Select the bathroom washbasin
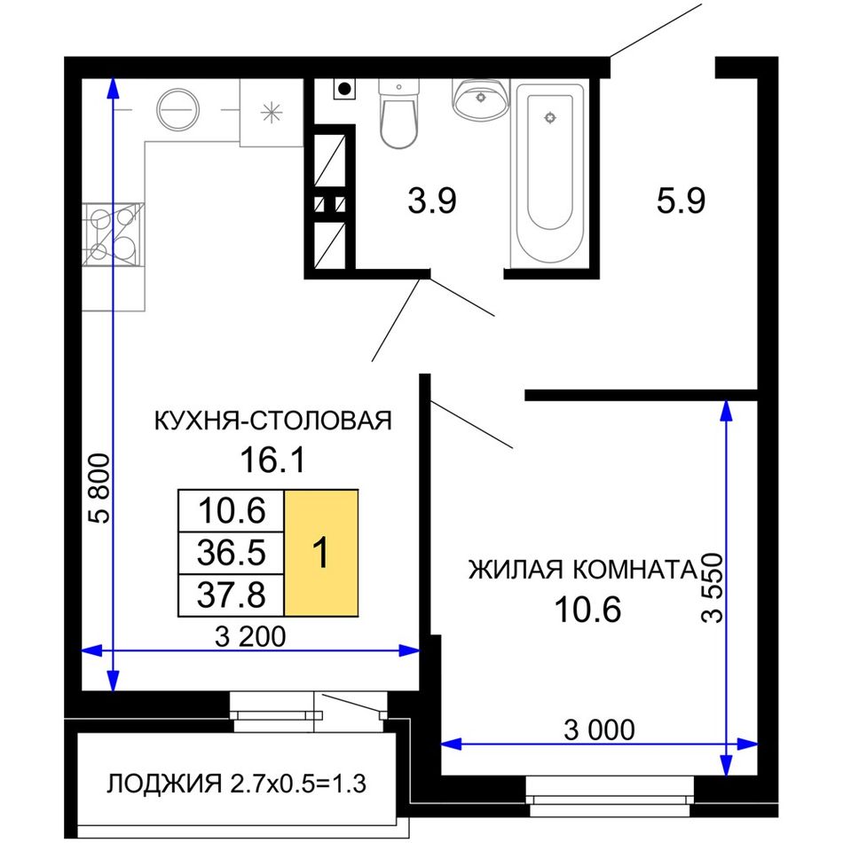481,98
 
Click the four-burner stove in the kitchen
113,234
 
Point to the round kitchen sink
177,110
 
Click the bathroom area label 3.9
432,201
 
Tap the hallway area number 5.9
681,201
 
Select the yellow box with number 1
321,552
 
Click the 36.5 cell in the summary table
232,553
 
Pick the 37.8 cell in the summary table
232,595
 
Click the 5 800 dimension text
100,489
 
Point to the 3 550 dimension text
713,587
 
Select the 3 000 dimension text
599,729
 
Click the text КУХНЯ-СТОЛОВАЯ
273,421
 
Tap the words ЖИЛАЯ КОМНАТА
582,570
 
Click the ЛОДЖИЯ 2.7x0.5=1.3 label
236,784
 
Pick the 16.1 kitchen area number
272,461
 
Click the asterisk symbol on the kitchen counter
272,113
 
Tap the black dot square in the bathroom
344,89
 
